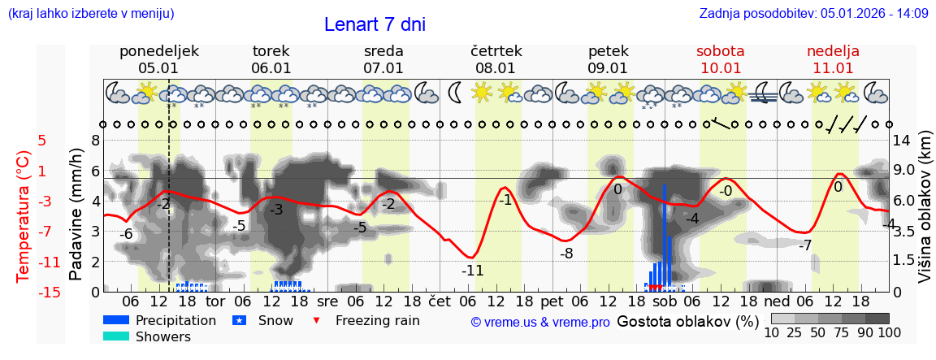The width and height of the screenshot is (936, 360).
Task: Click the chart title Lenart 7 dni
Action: (375, 24)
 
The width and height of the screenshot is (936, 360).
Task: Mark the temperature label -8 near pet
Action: (566, 253)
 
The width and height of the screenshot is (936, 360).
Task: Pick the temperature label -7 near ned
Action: (804, 245)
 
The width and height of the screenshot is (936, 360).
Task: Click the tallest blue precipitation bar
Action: (664, 236)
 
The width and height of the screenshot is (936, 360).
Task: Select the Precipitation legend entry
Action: (162, 320)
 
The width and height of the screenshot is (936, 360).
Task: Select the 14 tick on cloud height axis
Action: (902, 140)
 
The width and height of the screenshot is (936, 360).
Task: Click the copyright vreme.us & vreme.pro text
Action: (540, 322)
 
